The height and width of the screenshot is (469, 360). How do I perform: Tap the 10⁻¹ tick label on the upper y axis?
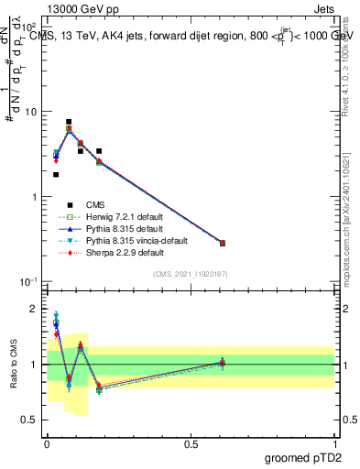coord(28,281)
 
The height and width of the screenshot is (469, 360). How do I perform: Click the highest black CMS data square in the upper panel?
coord(69,122)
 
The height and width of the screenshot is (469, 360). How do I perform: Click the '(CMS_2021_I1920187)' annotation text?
coord(190,273)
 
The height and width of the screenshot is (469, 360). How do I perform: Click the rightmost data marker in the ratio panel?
coord(223,363)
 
